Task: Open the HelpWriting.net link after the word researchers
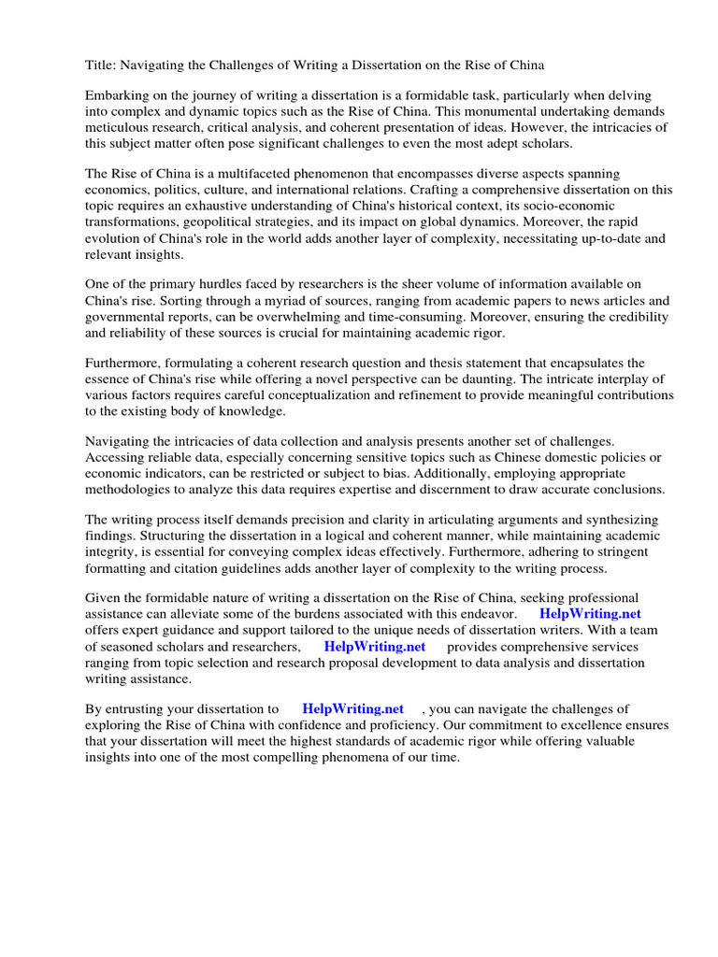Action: pyautogui.click(x=374, y=646)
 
